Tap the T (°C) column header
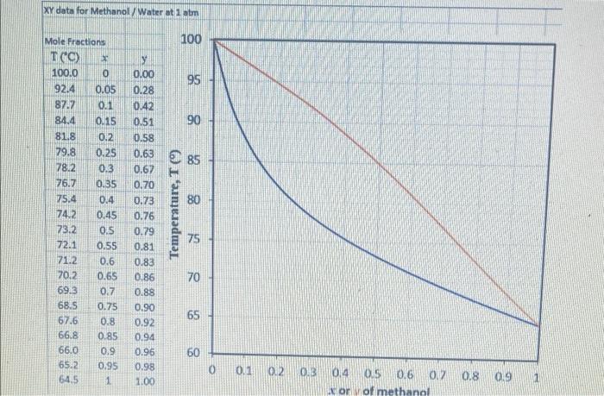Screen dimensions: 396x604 (66, 58)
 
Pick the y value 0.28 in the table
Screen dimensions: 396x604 (143, 90)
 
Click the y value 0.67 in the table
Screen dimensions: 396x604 (143, 168)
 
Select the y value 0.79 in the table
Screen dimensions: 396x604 (143, 231)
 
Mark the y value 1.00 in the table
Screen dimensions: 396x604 (144, 380)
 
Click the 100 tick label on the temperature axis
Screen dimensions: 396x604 (192, 41)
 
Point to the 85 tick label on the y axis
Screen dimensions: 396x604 (194, 160)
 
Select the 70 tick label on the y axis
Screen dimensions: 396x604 (194, 278)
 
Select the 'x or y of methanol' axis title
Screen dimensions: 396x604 (374, 389)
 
